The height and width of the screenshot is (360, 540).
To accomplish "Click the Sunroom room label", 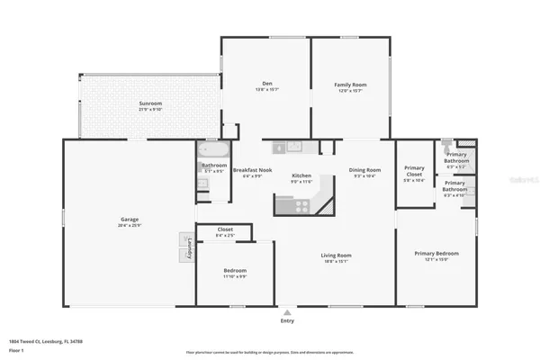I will tap(150, 103).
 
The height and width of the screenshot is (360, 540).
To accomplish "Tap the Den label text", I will tap(266, 84).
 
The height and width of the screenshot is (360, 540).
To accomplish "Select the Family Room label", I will tap(351, 84).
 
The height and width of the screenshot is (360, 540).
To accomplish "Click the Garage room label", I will tap(130, 219).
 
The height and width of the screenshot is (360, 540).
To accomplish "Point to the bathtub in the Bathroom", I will tap(214, 150).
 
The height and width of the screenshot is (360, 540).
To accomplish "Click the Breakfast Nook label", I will tap(252, 170).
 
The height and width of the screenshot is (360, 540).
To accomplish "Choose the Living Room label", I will tap(337, 256).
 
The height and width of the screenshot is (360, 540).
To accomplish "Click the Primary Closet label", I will tap(414, 168).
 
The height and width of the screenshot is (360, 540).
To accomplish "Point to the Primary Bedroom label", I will tap(436, 254).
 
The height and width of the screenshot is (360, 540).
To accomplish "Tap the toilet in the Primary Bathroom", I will tap(445, 143).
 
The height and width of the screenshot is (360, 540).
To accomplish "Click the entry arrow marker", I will tap(287, 310).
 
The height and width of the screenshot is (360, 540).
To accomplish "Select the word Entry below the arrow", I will tap(287, 319).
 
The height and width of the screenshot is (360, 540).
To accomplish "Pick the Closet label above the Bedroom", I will tap(225, 229).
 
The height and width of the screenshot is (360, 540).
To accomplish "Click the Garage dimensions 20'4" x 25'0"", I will tap(130, 225).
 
